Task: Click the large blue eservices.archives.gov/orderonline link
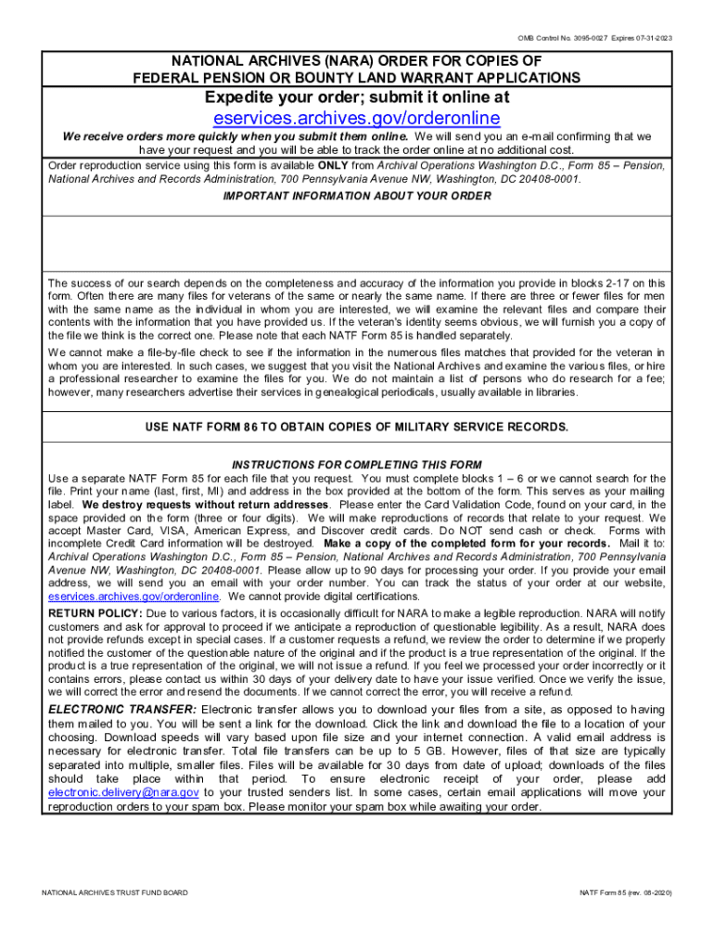[356, 118]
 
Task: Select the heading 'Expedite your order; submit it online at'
[356, 96]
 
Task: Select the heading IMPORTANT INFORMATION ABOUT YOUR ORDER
[357, 196]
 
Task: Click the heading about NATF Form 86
[357, 426]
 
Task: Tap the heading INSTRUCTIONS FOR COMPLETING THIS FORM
[357, 464]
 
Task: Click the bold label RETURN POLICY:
[96, 614]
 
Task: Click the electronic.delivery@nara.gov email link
[123, 792]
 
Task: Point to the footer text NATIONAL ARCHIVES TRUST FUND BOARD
[115, 892]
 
